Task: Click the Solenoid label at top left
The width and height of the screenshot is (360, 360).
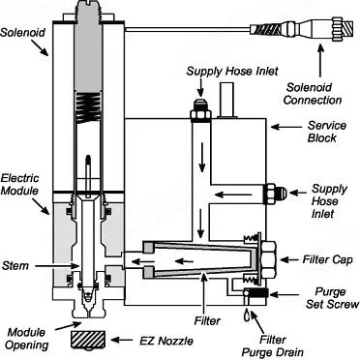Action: pyautogui.click(x=22, y=33)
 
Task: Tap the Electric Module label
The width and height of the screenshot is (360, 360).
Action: pyautogui.click(x=20, y=184)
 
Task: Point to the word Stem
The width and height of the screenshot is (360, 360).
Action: pyautogui.click(x=15, y=266)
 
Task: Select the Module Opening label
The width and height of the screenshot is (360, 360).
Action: pyautogui.click(x=27, y=339)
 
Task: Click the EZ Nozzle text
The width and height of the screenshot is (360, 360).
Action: pyautogui.click(x=166, y=341)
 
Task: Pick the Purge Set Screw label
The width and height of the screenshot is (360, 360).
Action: pyautogui.click(x=332, y=298)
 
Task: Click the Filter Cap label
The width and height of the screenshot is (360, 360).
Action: pyautogui.click(x=327, y=259)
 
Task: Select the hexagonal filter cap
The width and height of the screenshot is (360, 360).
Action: pyautogui.click(x=268, y=259)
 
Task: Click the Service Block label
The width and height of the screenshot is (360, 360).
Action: pyautogui.click(x=326, y=132)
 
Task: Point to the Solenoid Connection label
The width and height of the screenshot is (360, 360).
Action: pyautogui.click(x=313, y=93)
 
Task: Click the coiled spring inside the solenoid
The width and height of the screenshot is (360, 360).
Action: pyautogui.click(x=88, y=108)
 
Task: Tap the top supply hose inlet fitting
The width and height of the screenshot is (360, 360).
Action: pyautogui.click(x=200, y=110)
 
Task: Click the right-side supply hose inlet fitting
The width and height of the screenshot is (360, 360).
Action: pyautogui.click(x=275, y=194)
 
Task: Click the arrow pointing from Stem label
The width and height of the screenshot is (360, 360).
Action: pyautogui.click(x=57, y=266)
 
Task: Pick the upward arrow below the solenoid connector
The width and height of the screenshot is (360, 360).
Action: pyautogui.click(x=320, y=61)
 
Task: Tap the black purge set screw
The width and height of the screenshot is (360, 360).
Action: pyautogui.click(x=258, y=293)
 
